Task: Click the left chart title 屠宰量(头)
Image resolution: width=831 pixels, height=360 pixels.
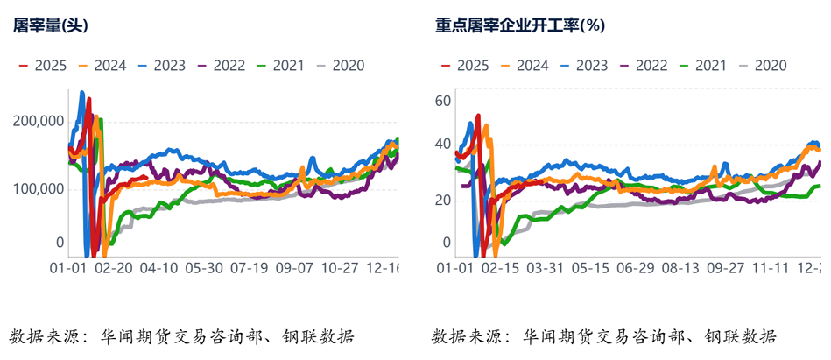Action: click(x=50, y=25)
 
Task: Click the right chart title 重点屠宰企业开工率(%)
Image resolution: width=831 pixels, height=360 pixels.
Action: click(x=520, y=25)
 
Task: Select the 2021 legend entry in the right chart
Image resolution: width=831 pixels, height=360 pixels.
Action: click(x=710, y=65)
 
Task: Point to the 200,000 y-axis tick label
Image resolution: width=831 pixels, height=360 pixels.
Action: click(x=39, y=122)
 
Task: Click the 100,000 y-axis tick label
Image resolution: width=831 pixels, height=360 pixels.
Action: click(x=39, y=188)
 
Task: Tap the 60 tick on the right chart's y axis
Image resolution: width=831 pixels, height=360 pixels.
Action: click(x=442, y=101)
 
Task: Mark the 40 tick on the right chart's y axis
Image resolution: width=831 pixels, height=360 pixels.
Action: click(x=442, y=145)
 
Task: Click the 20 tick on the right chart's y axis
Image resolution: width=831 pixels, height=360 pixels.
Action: click(x=442, y=200)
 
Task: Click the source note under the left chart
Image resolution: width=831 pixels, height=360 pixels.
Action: click(x=182, y=336)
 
